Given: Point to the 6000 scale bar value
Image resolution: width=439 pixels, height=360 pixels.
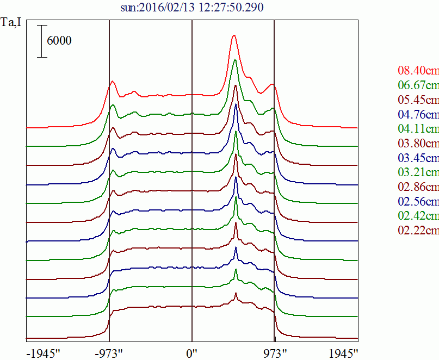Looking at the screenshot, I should [x=59, y=41].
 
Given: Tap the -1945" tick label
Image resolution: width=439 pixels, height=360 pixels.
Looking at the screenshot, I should [x=43, y=352].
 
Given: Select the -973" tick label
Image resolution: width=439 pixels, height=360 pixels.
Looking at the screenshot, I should [x=109, y=352].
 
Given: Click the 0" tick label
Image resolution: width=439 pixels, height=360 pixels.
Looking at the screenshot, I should [x=192, y=352].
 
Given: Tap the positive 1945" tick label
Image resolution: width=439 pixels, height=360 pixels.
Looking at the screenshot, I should [x=343, y=352].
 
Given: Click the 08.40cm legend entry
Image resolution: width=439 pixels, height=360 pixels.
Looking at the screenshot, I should [x=418, y=71].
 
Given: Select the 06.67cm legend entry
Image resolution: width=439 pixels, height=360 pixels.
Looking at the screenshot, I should [x=418, y=85].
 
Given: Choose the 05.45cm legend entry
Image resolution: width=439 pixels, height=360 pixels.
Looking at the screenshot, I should [x=418, y=100].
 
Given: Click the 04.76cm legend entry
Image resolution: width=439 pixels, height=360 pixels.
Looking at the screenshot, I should [x=418, y=115].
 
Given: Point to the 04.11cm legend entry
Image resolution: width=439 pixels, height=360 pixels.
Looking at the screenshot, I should [x=418, y=129].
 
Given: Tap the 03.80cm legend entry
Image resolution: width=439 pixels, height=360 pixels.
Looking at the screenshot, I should [x=418, y=144].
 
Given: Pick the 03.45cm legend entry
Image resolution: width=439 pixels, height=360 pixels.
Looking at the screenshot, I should [x=418, y=158].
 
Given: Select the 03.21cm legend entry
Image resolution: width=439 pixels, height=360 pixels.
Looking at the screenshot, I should [x=418, y=173].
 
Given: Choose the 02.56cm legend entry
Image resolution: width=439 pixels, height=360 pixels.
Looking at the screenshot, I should [x=418, y=202].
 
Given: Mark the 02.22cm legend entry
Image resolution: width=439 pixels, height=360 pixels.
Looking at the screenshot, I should [x=418, y=231].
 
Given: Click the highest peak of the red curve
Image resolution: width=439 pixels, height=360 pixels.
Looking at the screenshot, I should [x=234, y=36].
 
